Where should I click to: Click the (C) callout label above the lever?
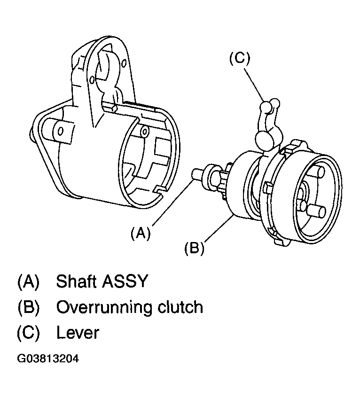pos(240,58)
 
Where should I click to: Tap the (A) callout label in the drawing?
pos(141,233)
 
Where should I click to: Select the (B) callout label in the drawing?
pos(194,248)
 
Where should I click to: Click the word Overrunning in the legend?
pos(104,307)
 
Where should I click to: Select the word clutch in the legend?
pos(180,307)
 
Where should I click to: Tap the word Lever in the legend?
pos(78,333)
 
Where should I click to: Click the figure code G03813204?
pos(48,359)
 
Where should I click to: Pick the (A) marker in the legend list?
pos(29,281)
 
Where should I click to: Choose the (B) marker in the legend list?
pos(29,307)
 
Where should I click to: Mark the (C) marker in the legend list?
pos(29,333)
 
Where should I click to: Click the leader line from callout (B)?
pos(219,228)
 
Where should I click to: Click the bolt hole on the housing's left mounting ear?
pos(61,132)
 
